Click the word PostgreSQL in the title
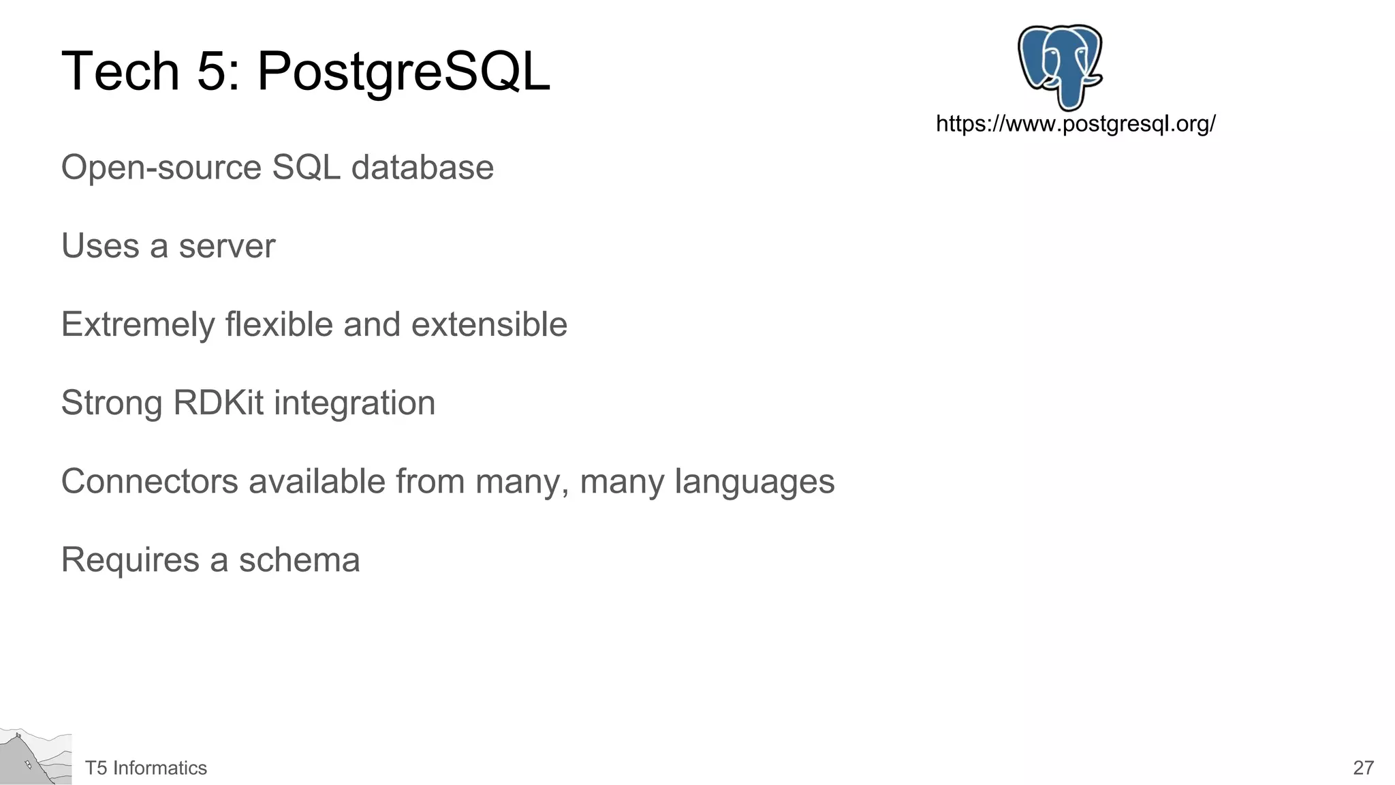tap(403, 72)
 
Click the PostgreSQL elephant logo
tap(1060, 66)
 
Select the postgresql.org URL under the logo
tap(1076, 124)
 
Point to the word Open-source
tap(161, 168)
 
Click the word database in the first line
tap(422, 168)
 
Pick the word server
tap(227, 246)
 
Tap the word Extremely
tap(138, 324)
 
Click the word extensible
tap(489, 324)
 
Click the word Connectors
tap(150, 482)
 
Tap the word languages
tap(754, 482)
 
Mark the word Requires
tap(130, 560)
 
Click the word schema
tap(299, 560)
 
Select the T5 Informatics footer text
tap(146, 768)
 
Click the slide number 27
tap(1363, 768)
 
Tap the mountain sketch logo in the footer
tap(35, 756)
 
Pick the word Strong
tap(112, 403)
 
